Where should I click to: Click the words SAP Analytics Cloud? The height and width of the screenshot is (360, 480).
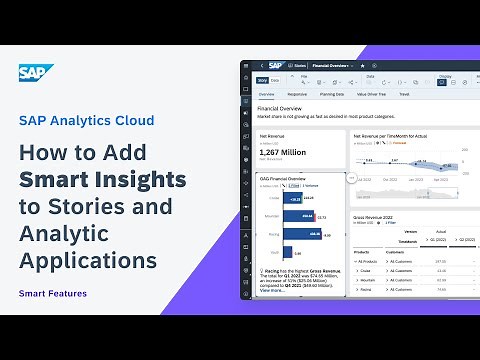pos(86,120)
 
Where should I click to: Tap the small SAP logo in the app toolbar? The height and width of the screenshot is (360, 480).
pos(275,65)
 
